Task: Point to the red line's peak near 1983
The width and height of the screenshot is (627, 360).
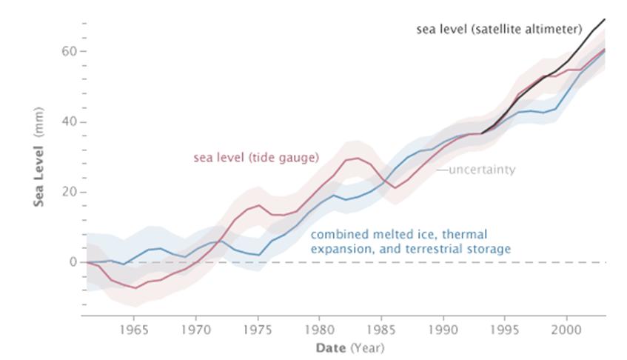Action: click(x=358, y=158)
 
